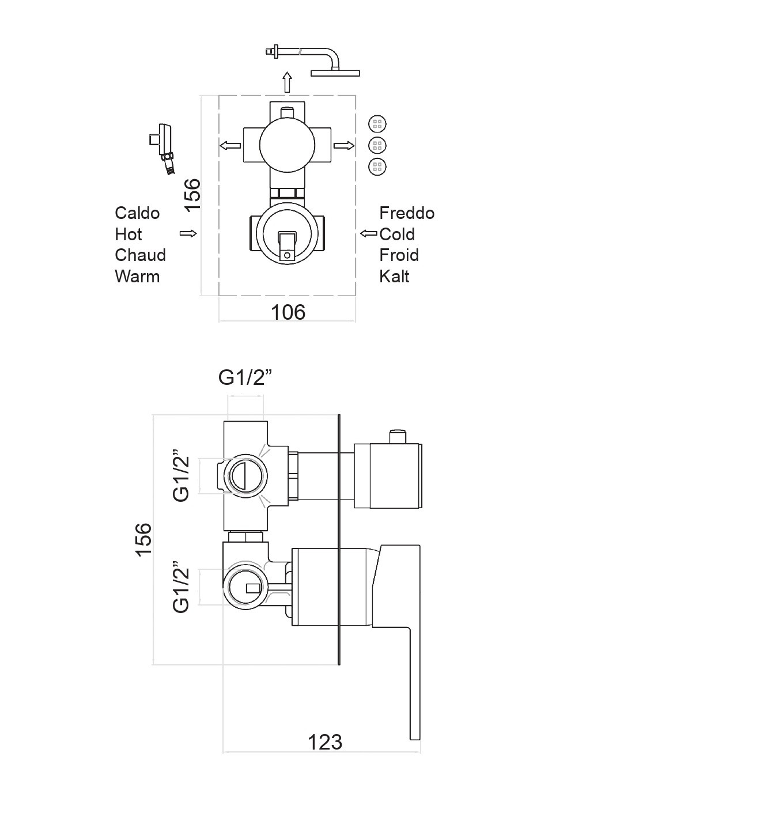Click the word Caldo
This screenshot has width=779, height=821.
pyautogui.click(x=137, y=213)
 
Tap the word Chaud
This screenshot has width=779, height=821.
pyautogui.click(x=140, y=255)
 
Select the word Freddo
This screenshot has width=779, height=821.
pyautogui.click(x=407, y=213)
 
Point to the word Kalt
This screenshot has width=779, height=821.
pyautogui.click(x=394, y=277)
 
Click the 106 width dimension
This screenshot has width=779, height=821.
pyautogui.click(x=288, y=312)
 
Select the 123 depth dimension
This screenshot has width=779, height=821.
pyautogui.click(x=324, y=742)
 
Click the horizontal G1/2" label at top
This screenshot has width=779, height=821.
pyautogui.click(x=245, y=377)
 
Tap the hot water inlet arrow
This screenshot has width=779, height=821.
pyautogui.click(x=188, y=233)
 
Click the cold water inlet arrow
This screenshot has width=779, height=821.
pyautogui.click(x=368, y=233)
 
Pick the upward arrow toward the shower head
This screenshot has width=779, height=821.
pyautogui.click(x=287, y=82)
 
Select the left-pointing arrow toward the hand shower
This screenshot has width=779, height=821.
pyautogui.click(x=230, y=146)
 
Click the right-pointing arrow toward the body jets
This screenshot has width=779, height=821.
pyautogui.click(x=344, y=146)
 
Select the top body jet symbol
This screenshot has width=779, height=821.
pyautogui.click(x=377, y=124)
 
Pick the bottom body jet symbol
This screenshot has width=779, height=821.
pyautogui.click(x=377, y=167)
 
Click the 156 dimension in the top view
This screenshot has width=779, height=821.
pyautogui.click(x=192, y=194)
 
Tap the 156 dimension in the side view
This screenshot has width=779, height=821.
pyautogui.click(x=143, y=539)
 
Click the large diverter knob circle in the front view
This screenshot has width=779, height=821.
pyautogui.click(x=287, y=146)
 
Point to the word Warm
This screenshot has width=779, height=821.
pyautogui.click(x=137, y=277)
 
